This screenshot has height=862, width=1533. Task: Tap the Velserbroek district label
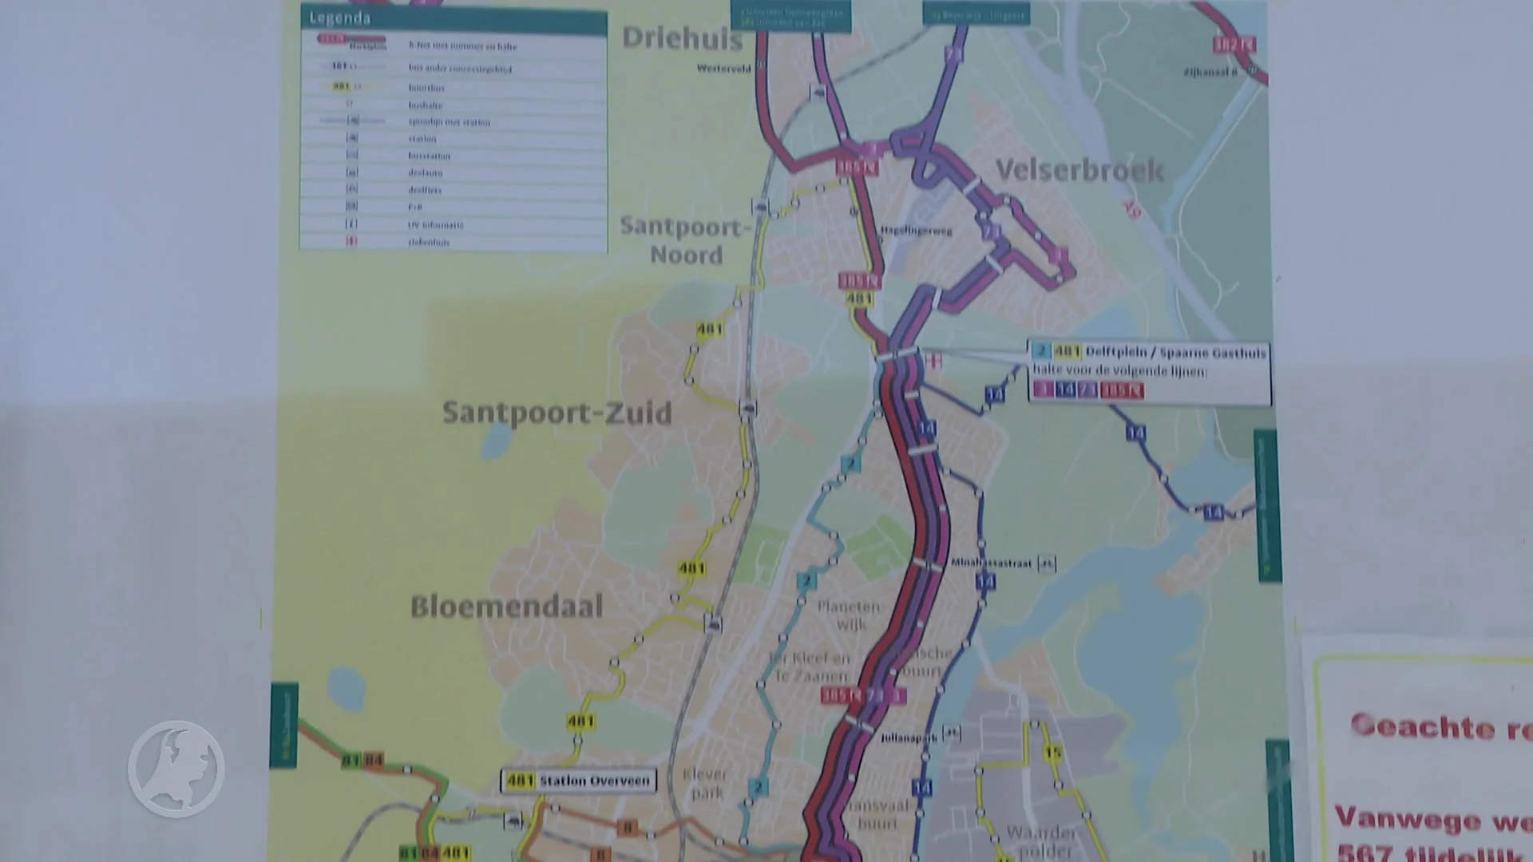[1079, 170]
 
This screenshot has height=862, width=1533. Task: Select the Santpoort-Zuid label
[557, 413]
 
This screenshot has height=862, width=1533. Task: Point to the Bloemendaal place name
[506, 607]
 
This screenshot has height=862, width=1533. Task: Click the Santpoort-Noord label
[684, 240]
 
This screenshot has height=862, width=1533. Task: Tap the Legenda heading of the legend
[340, 18]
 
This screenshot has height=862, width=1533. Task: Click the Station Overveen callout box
[579, 781]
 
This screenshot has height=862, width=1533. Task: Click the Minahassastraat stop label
[991, 563]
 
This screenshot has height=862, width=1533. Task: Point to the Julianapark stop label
[908, 738]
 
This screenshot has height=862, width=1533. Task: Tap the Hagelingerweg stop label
[916, 231]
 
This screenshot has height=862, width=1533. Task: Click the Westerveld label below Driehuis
[723, 69]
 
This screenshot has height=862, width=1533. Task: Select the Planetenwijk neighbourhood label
[849, 615]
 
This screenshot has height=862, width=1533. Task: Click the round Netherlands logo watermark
[176, 769]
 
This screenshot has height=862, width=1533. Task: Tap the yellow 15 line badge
[1053, 753]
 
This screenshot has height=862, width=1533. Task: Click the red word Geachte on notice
[1422, 726]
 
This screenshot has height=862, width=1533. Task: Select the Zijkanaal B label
[1210, 73]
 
